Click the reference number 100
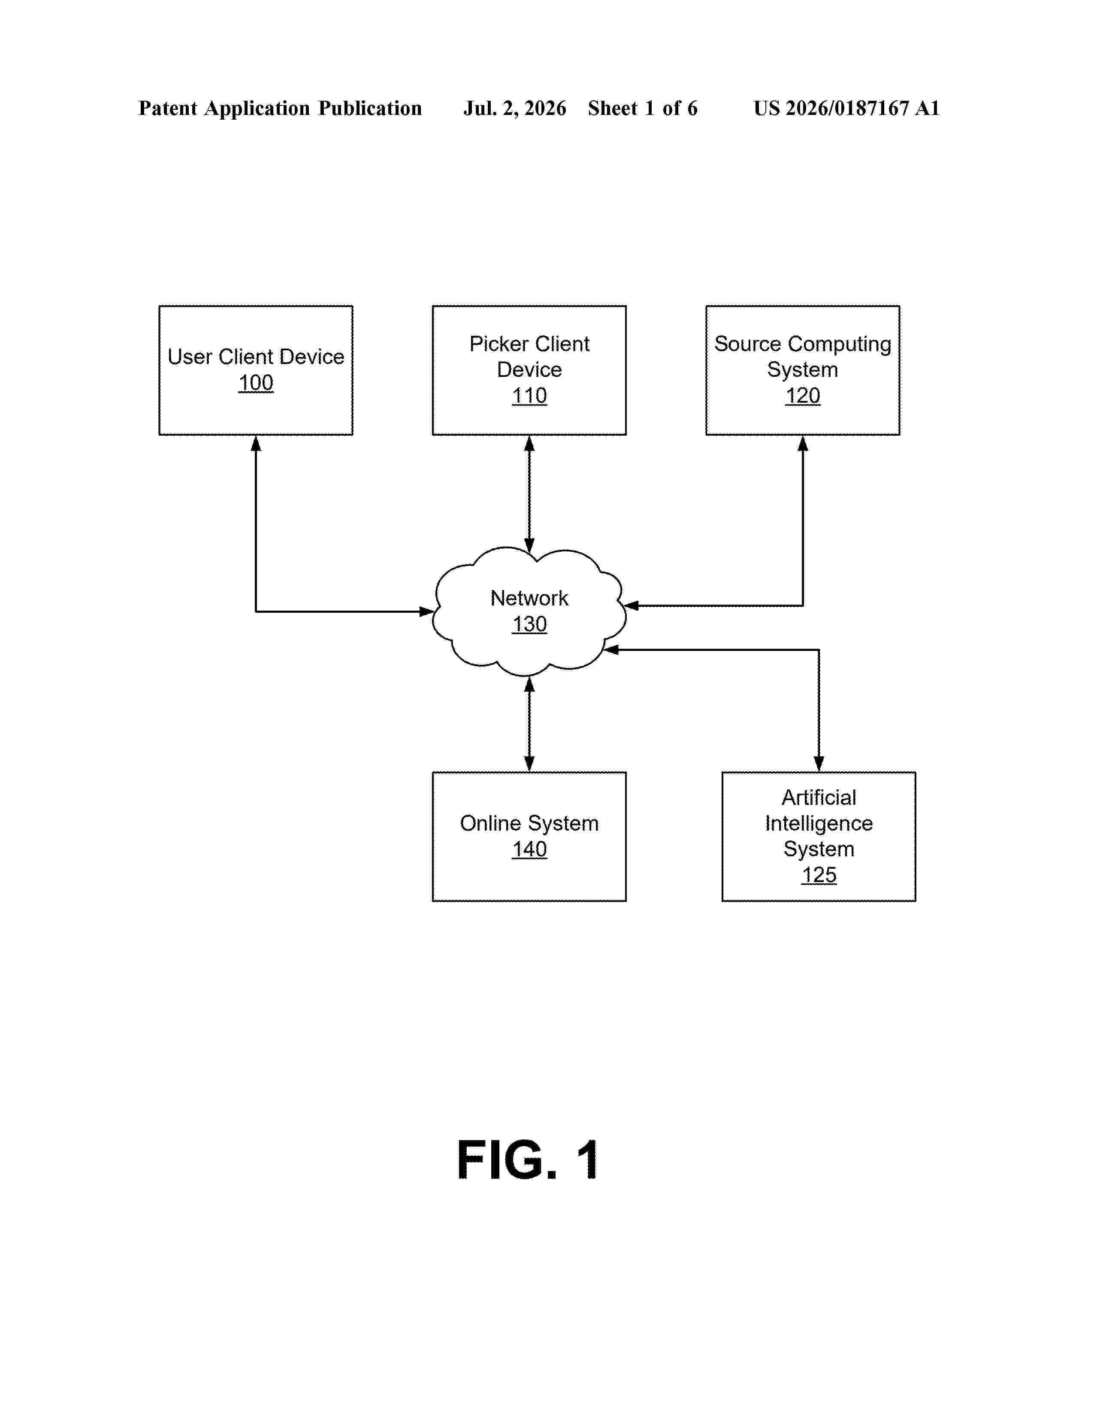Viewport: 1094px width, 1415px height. [256, 383]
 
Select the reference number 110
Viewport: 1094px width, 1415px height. [529, 396]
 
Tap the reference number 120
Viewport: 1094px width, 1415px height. [803, 396]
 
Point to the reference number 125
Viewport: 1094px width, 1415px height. [819, 875]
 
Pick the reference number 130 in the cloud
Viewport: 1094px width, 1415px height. [529, 624]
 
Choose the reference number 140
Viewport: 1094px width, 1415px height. [529, 849]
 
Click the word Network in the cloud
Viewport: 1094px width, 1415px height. [529, 598]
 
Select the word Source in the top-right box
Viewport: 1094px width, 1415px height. [747, 344]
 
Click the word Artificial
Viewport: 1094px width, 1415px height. [819, 798]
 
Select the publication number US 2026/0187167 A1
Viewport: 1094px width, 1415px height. [846, 108]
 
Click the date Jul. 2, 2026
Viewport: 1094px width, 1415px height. [514, 108]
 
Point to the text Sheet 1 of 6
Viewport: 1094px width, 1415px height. [643, 108]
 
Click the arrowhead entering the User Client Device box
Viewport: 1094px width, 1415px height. [256, 444]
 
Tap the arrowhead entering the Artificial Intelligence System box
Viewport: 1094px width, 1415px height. [819, 763]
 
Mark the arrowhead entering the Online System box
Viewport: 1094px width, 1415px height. [529, 763]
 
